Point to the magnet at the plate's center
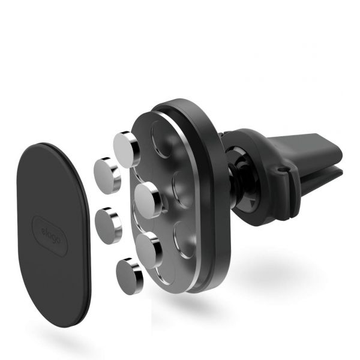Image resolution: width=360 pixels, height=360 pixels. pos(148,200)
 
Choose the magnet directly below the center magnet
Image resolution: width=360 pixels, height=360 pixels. pos(148,247)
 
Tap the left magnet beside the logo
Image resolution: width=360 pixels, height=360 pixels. pos(108,224)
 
